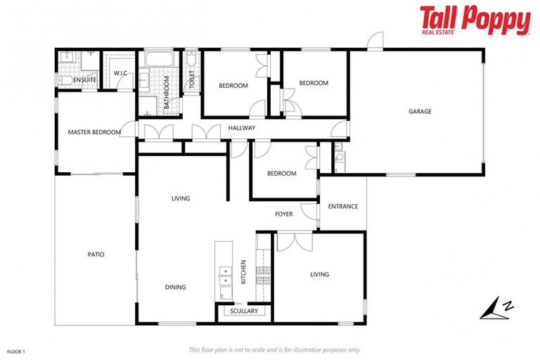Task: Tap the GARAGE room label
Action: click(420, 111)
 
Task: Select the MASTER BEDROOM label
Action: click(94, 131)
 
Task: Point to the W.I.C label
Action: click(120, 73)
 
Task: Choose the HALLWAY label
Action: click(241, 128)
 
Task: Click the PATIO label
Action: click(96, 255)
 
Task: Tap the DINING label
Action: click(175, 287)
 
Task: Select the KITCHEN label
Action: click(243, 271)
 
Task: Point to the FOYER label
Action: click(283, 214)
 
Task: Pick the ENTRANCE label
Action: click(343, 206)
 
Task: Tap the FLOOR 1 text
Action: click(15, 350)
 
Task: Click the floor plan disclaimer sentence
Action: click(274, 349)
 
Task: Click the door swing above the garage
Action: click(376, 41)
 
